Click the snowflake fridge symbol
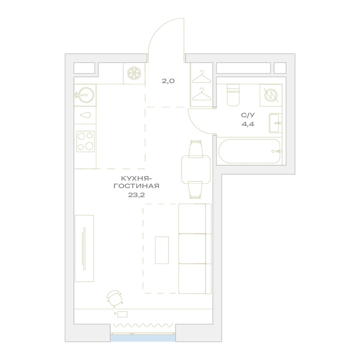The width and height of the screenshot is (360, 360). point(134,73)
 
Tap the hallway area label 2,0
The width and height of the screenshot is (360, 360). point(168,81)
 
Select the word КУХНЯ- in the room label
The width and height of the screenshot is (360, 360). point(136,179)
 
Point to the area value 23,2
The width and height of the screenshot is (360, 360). point(136,195)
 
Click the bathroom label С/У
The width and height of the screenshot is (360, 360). point(248,115)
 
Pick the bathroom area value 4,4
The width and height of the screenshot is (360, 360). point(248,124)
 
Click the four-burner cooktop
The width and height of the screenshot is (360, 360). point(86,141)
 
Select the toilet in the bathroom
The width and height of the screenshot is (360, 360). point(233,95)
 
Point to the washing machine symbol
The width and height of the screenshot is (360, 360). point(271,95)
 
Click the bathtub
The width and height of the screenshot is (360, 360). point(249,151)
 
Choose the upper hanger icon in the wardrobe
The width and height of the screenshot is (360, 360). point(201,77)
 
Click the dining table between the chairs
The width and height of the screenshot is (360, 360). point(196,170)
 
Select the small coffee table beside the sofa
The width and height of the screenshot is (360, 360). point(162,250)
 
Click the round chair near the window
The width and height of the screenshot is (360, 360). point(114,298)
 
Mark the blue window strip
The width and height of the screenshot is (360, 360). point(143,338)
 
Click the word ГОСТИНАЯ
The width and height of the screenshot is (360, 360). point(136,186)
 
